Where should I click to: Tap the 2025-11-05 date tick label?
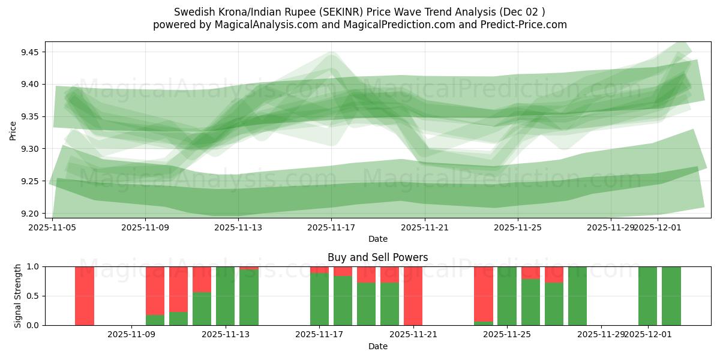(x=53, y=227)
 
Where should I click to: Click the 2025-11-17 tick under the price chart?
(x=331, y=227)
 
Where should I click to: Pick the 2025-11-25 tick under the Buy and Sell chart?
(x=508, y=335)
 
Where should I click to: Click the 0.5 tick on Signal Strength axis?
(x=34, y=296)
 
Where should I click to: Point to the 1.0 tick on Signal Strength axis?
(x=34, y=266)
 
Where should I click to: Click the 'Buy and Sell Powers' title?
(x=377, y=257)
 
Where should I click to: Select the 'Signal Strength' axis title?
(x=18, y=295)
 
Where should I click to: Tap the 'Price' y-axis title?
(x=13, y=130)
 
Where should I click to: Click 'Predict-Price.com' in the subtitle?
(x=526, y=25)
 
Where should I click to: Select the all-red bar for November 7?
(x=85, y=296)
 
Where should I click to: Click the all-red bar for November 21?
(x=413, y=296)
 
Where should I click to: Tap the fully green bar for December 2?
(x=671, y=296)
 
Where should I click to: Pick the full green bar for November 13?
(x=226, y=296)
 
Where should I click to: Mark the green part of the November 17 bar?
(x=319, y=300)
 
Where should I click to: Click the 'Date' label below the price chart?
(x=377, y=239)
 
